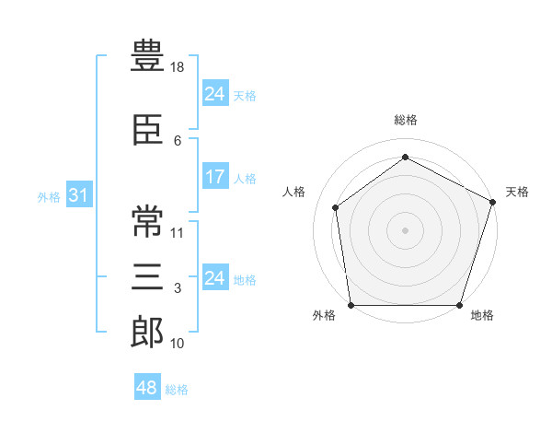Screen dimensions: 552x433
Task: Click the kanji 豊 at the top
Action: click(x=147, y=55)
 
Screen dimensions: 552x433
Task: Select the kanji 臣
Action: click(x=147, y=130)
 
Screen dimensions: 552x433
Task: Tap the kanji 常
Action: click(x=147, y=221)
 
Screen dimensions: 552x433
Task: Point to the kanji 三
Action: click(x=147, y=276)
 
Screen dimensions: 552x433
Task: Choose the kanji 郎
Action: click(x=147, y=332)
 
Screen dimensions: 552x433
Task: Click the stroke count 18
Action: click(x=177, y=67)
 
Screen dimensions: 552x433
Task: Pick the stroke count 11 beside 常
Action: click(x=177, y=233)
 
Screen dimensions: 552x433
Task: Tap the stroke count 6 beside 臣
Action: click(x=178, y=141)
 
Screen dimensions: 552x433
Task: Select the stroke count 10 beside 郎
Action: click(x=177, y=344)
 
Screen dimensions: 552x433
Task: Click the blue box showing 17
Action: click(x=215, y=176)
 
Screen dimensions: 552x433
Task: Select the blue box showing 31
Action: click(x=79, y=194)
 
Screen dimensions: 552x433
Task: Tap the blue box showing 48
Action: click(x=147, y=386)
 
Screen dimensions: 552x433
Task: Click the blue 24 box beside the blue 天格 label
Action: click(x=215, y=92)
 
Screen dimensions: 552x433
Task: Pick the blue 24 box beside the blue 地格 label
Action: click(x=215, y=276)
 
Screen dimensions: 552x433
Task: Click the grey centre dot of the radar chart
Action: click(x=405, y=230)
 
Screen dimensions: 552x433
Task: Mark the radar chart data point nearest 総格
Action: click(x=405, y=157)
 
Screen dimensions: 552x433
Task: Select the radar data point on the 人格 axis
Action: click(x=336, y=207)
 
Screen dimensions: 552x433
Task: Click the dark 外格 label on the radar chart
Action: click(x=324, y=315)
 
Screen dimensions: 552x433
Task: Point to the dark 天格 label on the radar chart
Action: click(x=517, y=192)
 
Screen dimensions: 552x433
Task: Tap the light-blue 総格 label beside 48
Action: click(x=177, y=390)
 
